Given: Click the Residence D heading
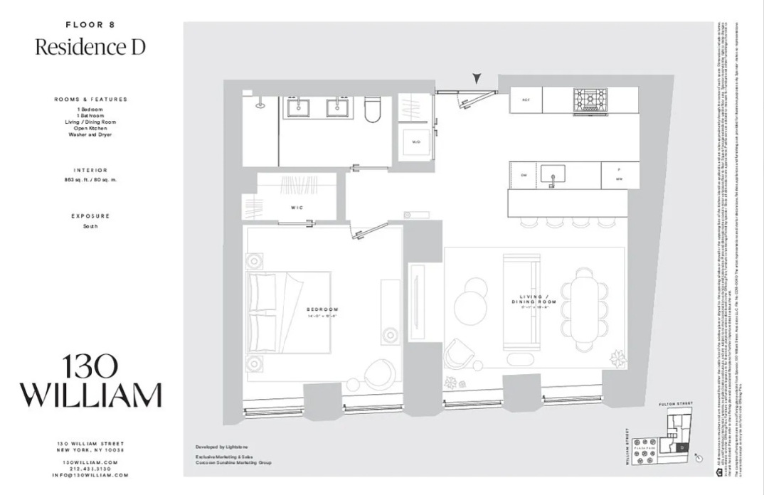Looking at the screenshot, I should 90,47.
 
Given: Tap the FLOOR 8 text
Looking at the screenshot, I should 90,24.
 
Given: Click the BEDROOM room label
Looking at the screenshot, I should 322,309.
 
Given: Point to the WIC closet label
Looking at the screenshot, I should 297,208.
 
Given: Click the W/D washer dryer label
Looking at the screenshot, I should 415,142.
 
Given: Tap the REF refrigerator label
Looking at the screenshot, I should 526,100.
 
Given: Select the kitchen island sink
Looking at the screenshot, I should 552,174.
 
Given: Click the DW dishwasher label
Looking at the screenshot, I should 523,175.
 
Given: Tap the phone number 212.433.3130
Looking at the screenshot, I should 90,468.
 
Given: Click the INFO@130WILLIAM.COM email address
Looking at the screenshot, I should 90,475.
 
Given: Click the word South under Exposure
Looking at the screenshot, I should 90,226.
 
